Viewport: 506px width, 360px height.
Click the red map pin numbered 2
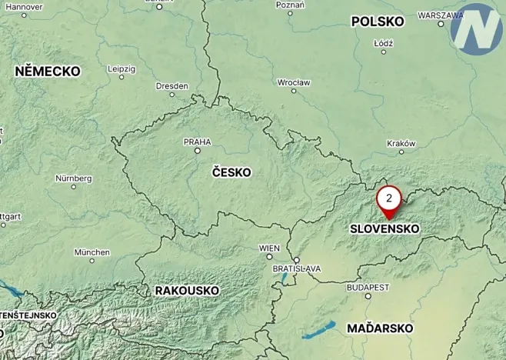click(389, 201)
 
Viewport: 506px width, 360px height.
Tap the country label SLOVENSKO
click(384, 228)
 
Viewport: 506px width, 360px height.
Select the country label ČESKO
click(231, 172)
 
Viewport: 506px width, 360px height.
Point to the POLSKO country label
click(378, 22)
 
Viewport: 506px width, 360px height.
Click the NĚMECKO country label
click(48, 71)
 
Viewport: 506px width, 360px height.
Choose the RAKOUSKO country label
click(187, 290)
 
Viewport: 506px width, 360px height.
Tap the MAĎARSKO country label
click(380, 328)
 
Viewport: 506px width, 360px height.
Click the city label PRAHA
click(197, 142)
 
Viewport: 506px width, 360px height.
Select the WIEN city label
click(270, 248)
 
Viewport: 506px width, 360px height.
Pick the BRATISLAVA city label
click(297, 268)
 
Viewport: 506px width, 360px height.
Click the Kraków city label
click(401, 142)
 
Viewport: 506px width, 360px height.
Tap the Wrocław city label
click(294, 82)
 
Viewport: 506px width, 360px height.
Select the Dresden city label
click(171, 86)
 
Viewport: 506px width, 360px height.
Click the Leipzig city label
click(122, 68)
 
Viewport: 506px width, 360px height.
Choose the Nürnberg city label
click(74, 178)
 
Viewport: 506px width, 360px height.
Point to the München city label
click(92, 252)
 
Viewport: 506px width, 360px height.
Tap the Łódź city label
click(383, 43)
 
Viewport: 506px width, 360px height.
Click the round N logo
click(476, 28)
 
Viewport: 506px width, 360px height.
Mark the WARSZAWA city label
click(440, 15)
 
